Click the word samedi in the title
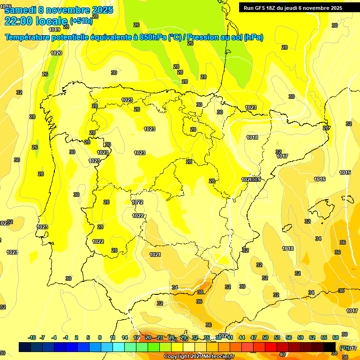click(21, 10)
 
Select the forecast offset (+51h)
click(81, 21)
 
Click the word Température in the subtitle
click(27, 37)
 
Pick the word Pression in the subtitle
click(217, 37)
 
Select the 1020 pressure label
click(56, 53)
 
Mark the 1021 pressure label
click(155, 255)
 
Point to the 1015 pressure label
click(345, 173)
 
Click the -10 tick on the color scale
click(32, 337)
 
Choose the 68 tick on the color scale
click(336, 337)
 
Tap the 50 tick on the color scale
click(265, 337)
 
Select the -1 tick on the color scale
click(66, 337)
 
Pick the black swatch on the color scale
click(329, 347)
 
